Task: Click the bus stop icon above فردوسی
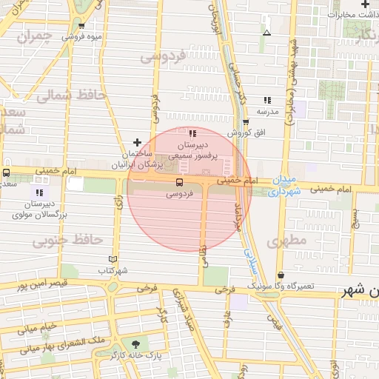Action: (x=179, y=182)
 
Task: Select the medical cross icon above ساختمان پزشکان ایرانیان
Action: (x=136, y=142)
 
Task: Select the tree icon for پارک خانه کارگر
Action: (x=135, y=343)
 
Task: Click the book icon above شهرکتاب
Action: (x=113, y=259)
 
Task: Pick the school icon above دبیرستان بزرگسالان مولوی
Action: (x=39, y=192)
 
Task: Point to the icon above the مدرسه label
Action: (x=266, y=100)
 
